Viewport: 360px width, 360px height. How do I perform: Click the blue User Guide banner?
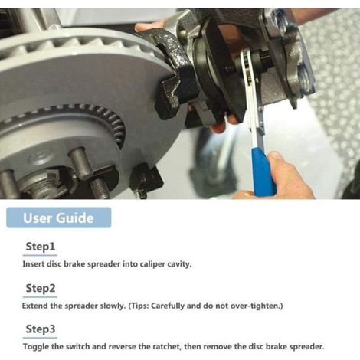pos(59,218)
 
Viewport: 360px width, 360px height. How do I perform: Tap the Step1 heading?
pos(41,247)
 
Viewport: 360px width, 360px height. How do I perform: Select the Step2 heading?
pos(41,288)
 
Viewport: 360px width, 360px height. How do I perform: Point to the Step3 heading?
pos(41,329)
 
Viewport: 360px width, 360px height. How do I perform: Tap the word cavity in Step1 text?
pos(179,264)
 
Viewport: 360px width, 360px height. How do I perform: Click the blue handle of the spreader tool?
pos(263,172)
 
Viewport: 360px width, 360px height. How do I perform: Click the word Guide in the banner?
pos(74,218)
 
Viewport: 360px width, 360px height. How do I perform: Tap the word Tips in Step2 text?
pos(139,306)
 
